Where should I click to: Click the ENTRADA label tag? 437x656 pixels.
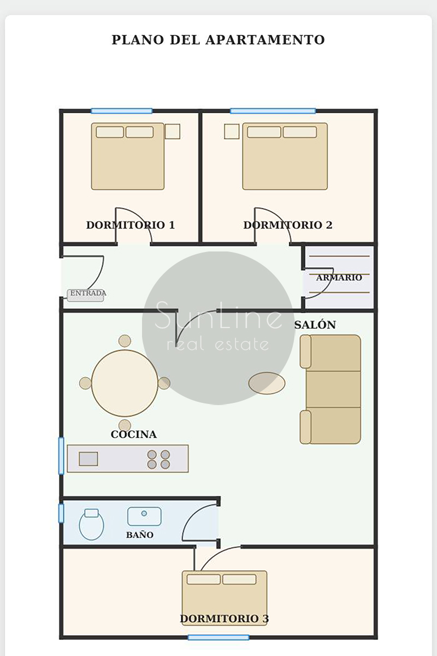[x=85, y=295]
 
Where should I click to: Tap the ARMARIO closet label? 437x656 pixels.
[x=339, y=277]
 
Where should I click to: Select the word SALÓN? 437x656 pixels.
[x=315, y=325]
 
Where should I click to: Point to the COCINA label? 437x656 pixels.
[x=133, y=434]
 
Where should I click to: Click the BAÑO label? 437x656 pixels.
[x=140, y=535]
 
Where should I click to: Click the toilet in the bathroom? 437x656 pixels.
[x=91, y=524]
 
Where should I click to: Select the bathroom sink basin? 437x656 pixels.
[x=144, y=517]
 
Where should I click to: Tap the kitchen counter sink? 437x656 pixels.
[x=88, y=459]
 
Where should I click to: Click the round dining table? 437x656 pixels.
[x=125, y=383]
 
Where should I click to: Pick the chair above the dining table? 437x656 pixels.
[x=125, y=341]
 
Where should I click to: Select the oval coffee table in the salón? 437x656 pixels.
[x=267, y=383]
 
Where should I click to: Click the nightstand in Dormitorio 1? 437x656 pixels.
[x=173, y=132]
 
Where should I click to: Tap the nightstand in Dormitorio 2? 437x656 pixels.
[x=232, y=132]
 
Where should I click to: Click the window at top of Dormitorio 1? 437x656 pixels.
[x=121, y=111]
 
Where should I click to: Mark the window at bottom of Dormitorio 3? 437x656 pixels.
[x=218, y=637]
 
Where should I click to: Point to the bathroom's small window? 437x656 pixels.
[x=61, y=513]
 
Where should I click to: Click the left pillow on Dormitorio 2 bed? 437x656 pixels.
[x=264, y=132]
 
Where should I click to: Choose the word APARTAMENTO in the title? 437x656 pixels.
[x=265, y=40]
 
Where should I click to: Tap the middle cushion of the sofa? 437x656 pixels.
[x=333, y=389]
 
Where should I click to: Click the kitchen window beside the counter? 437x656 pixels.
[x=61, y=456]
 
